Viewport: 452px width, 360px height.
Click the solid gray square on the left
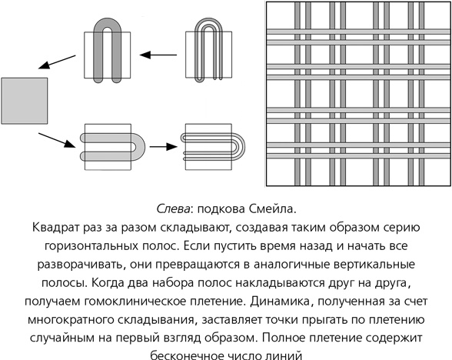[25, 100]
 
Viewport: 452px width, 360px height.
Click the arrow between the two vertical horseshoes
[159, 55]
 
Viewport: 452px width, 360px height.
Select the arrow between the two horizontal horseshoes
[161, 144]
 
